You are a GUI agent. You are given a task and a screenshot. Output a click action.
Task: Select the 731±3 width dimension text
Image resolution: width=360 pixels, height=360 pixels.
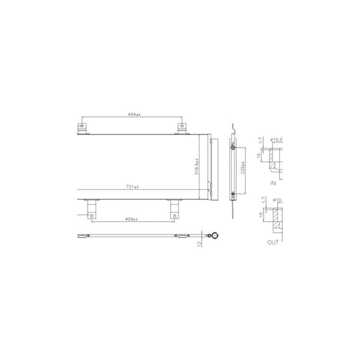click(133, 186)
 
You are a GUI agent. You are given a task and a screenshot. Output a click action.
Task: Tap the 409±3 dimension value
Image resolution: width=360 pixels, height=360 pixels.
click(132, 220)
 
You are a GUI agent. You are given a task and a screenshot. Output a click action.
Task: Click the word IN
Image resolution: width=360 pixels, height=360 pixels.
click(273, 183)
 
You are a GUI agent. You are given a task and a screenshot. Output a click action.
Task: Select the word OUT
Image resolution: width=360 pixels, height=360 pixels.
click(273, 242)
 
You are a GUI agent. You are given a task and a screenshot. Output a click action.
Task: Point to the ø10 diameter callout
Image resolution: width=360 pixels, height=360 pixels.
click(278, 200)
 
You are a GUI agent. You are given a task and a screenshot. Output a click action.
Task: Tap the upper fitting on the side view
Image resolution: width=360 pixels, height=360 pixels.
click(233, 147)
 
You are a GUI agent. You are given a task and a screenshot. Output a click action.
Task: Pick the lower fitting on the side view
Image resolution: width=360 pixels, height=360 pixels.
click(233, 194)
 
